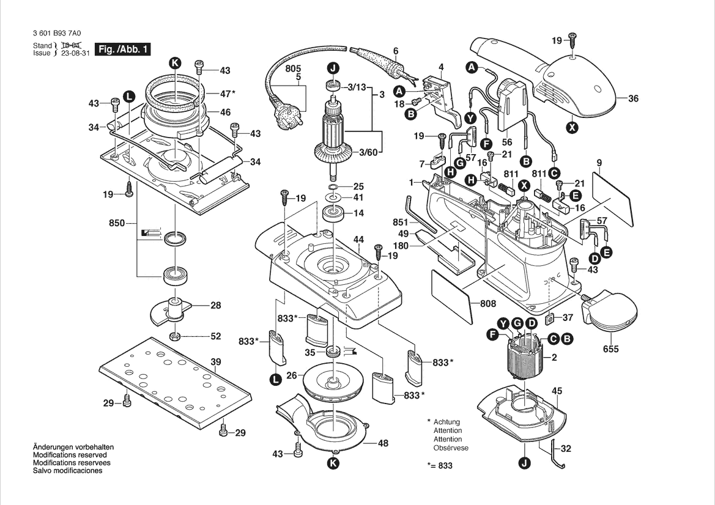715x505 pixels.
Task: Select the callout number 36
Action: click(633, 98)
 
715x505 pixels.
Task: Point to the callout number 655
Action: click(610, 349)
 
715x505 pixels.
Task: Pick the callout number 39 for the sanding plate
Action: click(216, 362)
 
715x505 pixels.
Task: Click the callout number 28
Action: click(216, 306)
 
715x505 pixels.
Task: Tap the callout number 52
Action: click(216, 336)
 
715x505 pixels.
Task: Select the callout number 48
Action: click(383, 443)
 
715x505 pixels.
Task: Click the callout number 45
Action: click(557, 391)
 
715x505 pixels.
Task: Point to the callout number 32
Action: click(566, 449)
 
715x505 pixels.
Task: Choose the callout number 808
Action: click(487, 304)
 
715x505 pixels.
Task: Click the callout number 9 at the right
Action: click(599, 162)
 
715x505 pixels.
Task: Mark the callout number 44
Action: click(358, 238)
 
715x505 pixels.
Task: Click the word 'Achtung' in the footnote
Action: click(446, 422)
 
